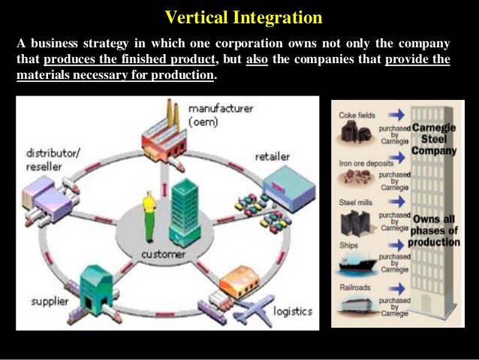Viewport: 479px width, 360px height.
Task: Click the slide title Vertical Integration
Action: tap(243, 17)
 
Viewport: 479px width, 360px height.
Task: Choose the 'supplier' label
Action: tap(49, 302)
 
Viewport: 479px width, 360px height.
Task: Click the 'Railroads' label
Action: tap(354, 287)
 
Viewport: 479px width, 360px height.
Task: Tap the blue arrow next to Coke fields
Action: tap(398, 114)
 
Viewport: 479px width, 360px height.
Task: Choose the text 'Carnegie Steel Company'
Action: tap(435, 138)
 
